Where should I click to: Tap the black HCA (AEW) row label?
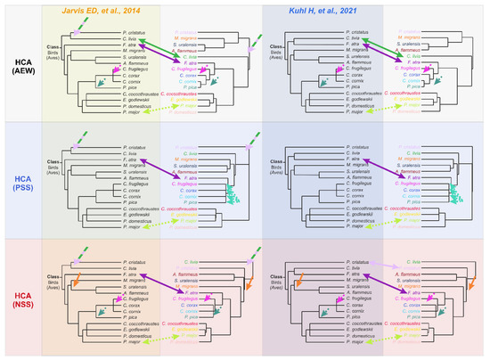coord(20,65)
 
